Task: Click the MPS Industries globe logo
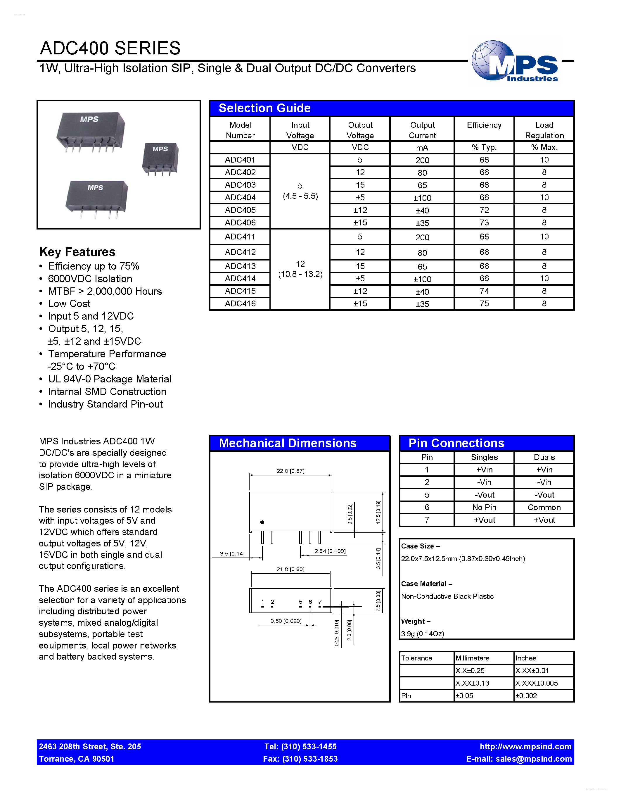(x=515, y=61)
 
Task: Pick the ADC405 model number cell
(x=240, y=210)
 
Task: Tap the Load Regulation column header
(x=544, y=130)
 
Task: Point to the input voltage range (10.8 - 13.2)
(x=300, y=274)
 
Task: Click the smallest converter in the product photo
(x=160, y=158)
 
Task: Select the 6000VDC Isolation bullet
(x=90, y=279)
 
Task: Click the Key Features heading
(x=77, y=252)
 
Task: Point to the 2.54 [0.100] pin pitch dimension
(x=330, y=551)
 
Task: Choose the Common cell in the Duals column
(x=544, y=507)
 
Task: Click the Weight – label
(x=415, y=621)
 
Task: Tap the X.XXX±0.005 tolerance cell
(x=536, y=683)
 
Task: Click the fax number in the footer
(x=300, y=759)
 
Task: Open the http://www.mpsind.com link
(x=525, y=747)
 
